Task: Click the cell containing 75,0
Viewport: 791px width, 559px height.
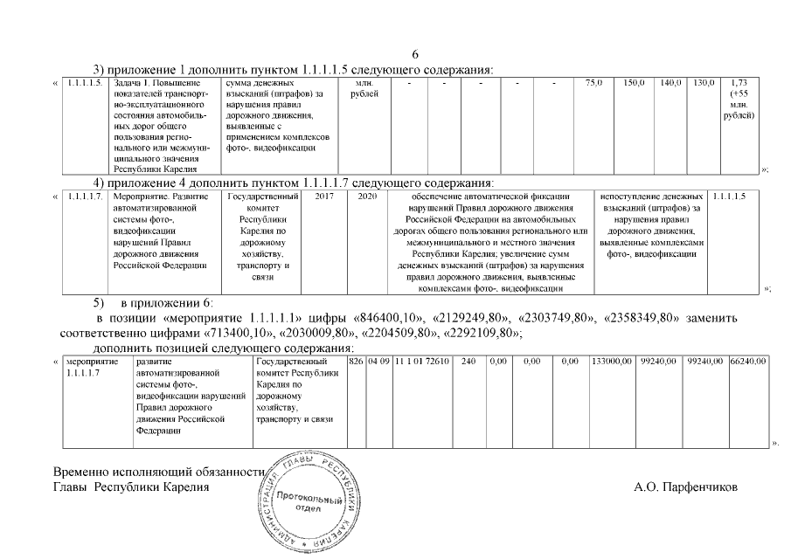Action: (x=593, y=82)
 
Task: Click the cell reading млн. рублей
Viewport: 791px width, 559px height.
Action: (x=364, y=87)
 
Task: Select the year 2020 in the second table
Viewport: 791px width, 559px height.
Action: (x=366, y=197)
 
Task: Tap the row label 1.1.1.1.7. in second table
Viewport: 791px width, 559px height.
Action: (x=84, y=197)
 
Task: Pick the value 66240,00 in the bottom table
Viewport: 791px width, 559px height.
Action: (x=748, y=361)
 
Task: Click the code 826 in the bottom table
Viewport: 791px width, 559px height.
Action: (x=355, y=361)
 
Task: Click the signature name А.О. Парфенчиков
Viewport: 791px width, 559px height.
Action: (x=685, y=487)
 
